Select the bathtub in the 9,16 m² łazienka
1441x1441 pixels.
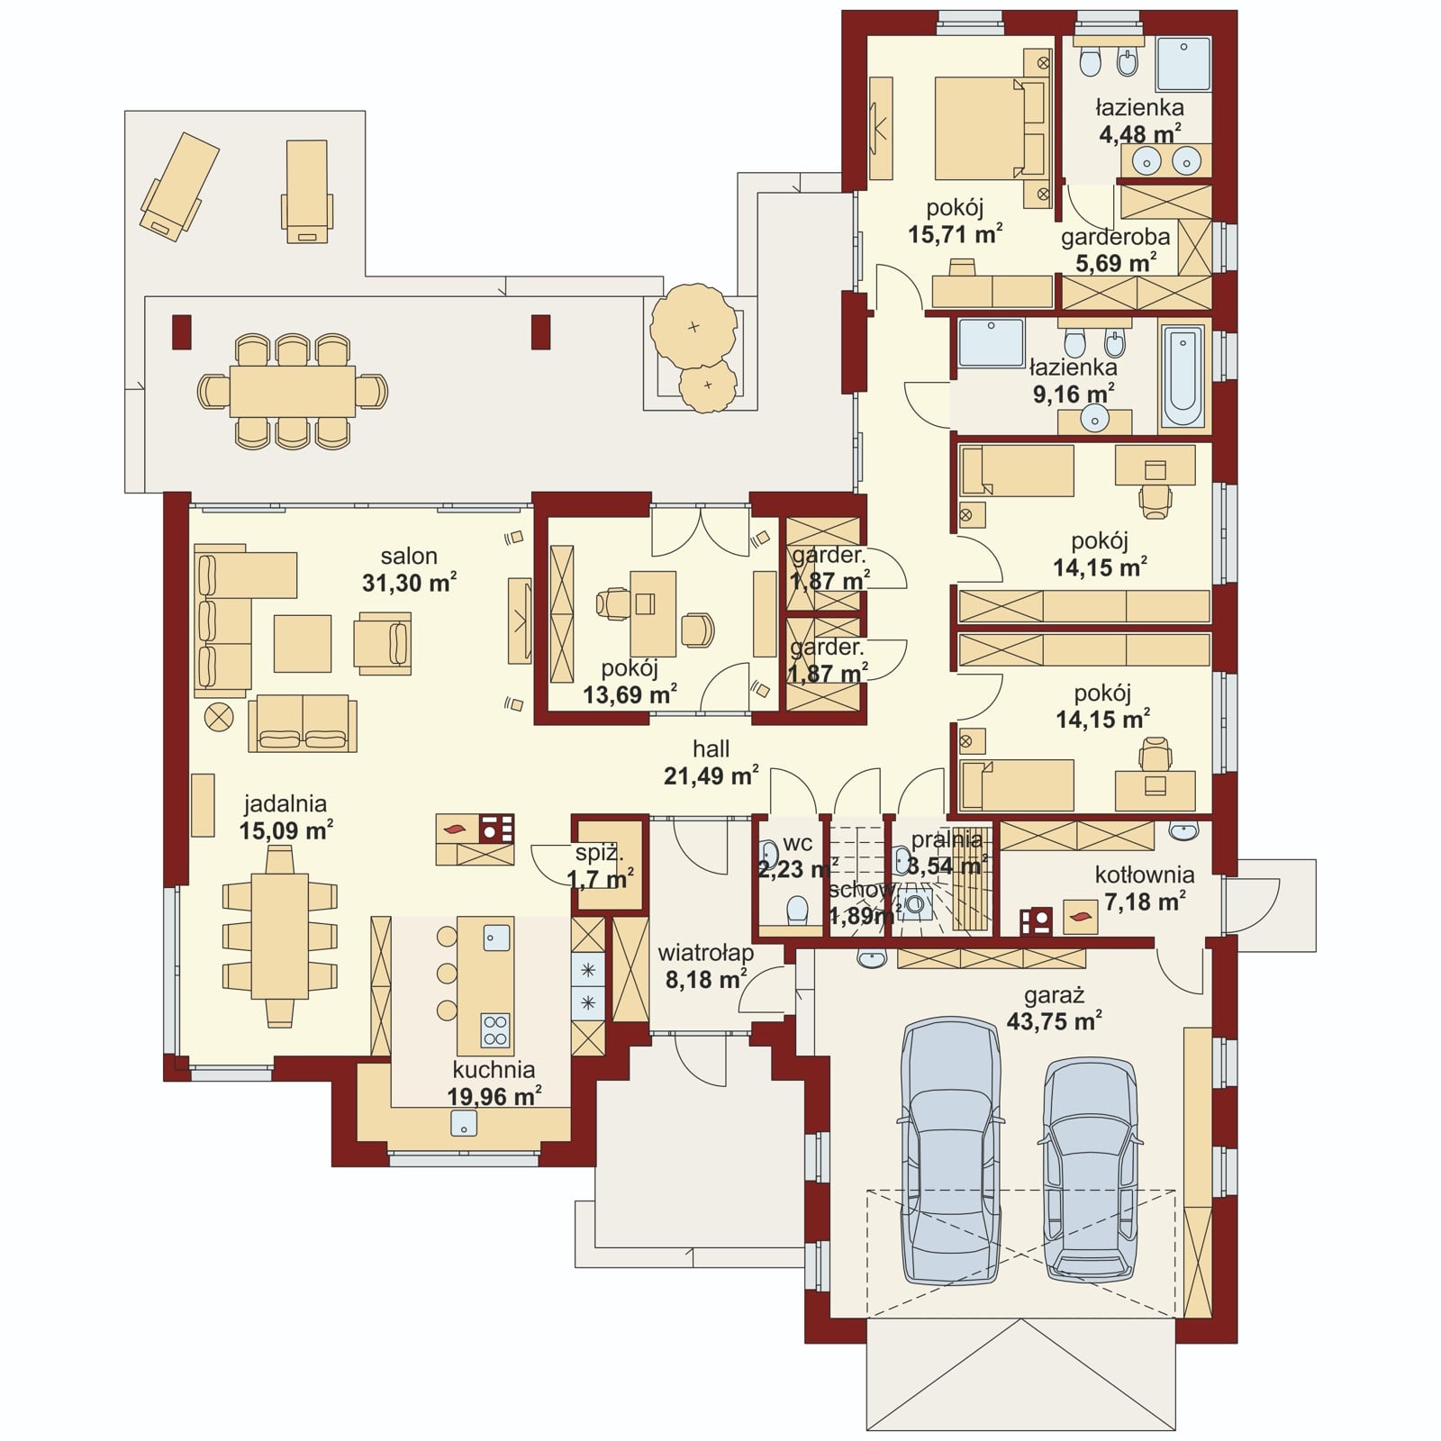1183,377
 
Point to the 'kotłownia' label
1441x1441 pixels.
1145,875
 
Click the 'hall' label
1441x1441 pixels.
711,748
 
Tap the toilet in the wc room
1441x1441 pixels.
795,910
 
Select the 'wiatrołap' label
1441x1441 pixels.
705,952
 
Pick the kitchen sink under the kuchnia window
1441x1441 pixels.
463,1123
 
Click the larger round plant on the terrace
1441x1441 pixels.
693,326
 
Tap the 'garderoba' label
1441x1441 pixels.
1115,238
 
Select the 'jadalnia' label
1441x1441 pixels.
285,803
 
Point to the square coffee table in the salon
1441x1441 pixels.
303,643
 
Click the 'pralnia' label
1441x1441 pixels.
946,839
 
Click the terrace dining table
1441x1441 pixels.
293,391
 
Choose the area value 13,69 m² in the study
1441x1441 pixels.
630,694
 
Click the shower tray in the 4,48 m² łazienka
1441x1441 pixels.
1183,64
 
